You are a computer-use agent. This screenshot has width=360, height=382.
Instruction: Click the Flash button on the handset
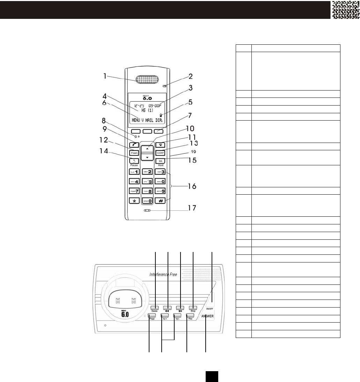point(134,153)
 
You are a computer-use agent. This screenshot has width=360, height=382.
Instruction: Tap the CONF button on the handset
point(160,153)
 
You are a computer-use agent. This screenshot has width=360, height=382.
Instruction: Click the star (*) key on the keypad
point(134,201)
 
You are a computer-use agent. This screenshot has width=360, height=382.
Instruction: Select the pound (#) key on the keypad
point(160,201)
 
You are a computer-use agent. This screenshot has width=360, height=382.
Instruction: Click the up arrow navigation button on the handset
point(147,148)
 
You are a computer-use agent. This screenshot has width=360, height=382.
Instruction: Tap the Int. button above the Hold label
point(160,161)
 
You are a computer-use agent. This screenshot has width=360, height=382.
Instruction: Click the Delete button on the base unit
point(155,308)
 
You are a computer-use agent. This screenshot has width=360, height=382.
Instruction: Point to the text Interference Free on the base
point(163,274)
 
